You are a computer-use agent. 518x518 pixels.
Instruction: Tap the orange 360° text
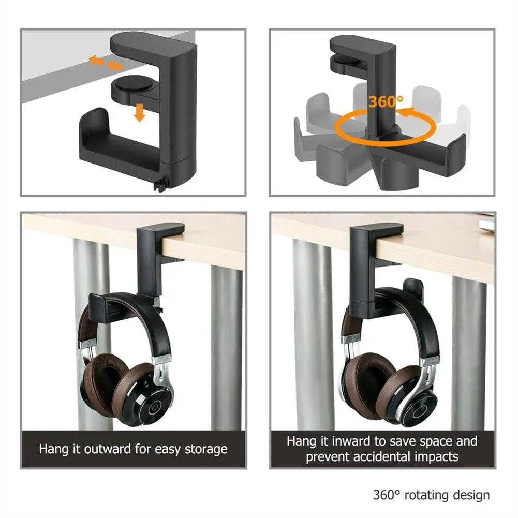(x=386, y=101)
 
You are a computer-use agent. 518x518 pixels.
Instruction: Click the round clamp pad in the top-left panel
(x=131, y=83)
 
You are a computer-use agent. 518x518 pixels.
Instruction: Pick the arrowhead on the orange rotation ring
(x=407, y=112)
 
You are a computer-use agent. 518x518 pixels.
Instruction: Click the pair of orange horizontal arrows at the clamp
(x=105, y=63)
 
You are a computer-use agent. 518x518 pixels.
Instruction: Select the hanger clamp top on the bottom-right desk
(x=377, y=228)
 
